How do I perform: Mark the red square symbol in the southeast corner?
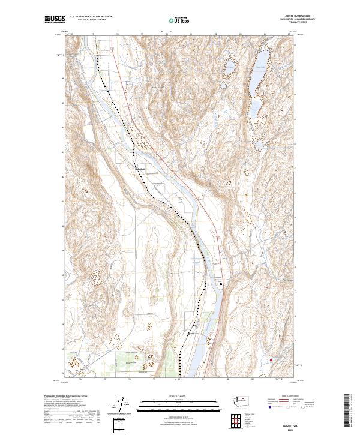[x=271, y=360]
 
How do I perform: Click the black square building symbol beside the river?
[x=221, y=285]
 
